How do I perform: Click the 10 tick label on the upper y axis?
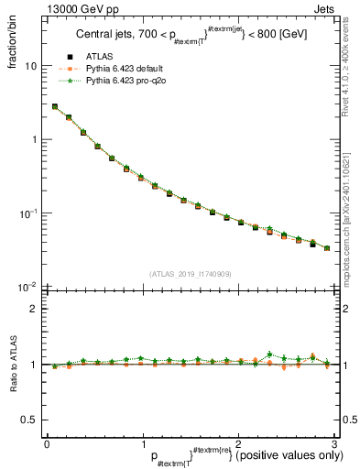30,66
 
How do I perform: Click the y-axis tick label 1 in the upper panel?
34,140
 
